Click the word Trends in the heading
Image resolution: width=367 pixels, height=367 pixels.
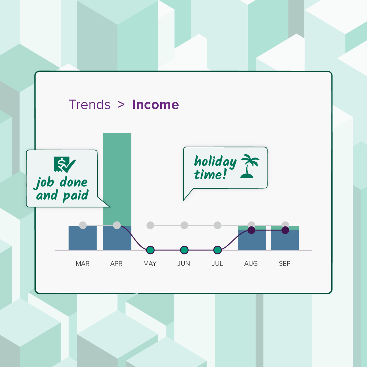pos(90,104)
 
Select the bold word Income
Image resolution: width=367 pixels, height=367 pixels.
pos(155,104)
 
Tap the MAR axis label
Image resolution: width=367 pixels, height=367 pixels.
pos(83,263)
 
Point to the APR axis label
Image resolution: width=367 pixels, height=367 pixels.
pos(116,263)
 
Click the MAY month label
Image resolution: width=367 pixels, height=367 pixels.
pos(150,263)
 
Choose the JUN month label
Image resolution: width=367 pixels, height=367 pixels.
pos(184,263)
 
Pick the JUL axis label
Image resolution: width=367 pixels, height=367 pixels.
pos(217,263)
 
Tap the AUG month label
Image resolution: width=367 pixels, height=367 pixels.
pos(251,263)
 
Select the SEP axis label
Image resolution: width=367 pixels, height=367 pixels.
pos(285,263)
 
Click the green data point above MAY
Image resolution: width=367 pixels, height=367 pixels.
pos(150,250)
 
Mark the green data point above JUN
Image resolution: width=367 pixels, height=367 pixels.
pos(184,250)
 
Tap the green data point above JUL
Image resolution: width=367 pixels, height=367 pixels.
pos(218,250)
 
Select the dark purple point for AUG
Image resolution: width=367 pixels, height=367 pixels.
pos(252,230)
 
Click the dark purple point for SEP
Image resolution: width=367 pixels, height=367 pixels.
pos(285,230)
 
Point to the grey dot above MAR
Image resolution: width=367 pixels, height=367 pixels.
pos(83,225)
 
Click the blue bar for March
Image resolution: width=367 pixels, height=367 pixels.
pos(83,239)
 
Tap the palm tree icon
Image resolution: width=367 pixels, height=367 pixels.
pos(250,166)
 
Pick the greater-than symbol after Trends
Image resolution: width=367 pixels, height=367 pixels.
pos(121,104)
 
